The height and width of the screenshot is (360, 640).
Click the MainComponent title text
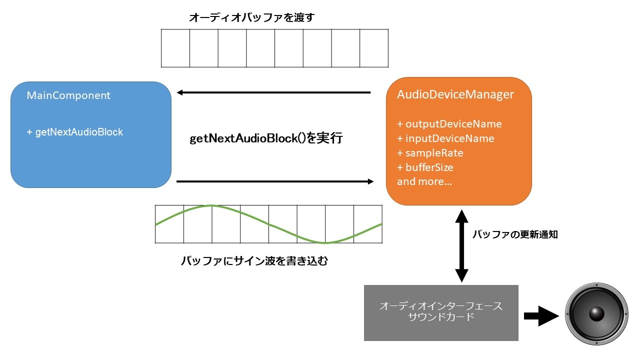68,95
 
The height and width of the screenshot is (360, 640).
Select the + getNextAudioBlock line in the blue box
74,132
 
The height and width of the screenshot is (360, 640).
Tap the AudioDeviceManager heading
455,94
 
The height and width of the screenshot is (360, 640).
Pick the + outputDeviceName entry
449,124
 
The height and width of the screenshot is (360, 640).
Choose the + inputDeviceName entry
445,138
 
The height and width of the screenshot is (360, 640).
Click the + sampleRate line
430,153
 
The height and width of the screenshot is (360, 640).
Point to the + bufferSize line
425,167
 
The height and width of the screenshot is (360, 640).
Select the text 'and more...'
424,181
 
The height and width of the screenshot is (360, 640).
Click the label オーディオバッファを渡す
251,17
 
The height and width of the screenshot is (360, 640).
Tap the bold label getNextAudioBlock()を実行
266,138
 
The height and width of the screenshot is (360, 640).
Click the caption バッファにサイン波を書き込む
254,260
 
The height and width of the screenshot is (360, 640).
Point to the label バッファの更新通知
515,234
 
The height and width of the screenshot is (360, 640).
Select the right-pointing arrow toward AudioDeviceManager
275,181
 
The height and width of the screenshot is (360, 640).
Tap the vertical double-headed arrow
461,245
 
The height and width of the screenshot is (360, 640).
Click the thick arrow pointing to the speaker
540,316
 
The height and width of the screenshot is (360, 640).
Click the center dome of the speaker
596,314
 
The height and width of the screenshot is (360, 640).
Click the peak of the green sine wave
211,205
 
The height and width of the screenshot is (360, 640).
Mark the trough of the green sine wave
325,242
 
